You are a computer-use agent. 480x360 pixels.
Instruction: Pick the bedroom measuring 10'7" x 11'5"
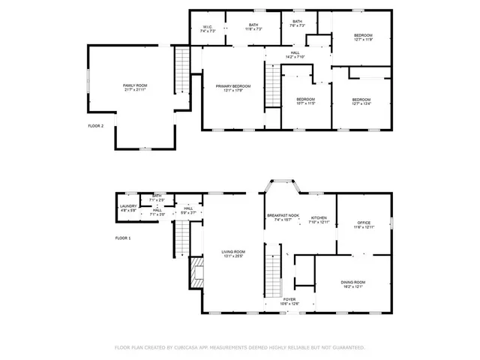tap(305, 102)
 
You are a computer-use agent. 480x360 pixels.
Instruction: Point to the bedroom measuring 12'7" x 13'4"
tap(362, 102)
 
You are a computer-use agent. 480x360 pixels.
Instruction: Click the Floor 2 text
tap(96, 126)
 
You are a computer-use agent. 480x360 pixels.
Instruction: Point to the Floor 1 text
tap(123, 238)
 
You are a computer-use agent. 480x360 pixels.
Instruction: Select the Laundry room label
tap(128, 208)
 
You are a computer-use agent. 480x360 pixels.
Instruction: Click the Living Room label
tap(233, 253)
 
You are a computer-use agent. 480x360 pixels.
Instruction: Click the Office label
tap(364, 224)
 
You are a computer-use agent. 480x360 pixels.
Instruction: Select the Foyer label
tap(289, 301)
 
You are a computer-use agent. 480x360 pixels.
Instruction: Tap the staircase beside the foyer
tap(274, 274)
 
